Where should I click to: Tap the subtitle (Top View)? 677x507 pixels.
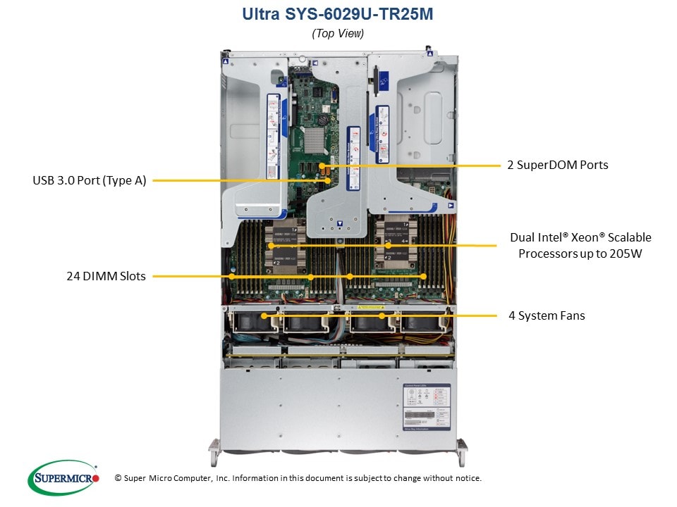click(x=338, y=33)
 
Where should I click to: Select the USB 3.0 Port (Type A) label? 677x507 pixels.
click(x=89, y=180)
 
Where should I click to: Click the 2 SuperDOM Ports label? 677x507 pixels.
click(x=557, y=165)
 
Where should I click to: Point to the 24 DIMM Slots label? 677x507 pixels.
click(x=106, y=276)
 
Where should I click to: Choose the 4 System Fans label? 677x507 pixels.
click(x=547, y=315)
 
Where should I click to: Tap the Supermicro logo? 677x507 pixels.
click(x=63, y=478)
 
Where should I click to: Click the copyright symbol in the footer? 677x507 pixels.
click(x=118, y=478)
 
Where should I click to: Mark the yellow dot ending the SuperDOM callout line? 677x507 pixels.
click(x=329, y=166)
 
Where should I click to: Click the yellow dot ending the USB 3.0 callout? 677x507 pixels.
click(x=329, y=180)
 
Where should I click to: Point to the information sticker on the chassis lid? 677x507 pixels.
click(x=426, y=406)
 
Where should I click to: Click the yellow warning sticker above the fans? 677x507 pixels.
click(x=370, y=308)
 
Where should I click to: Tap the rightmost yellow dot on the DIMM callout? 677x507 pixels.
click(x=423, y=277)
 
